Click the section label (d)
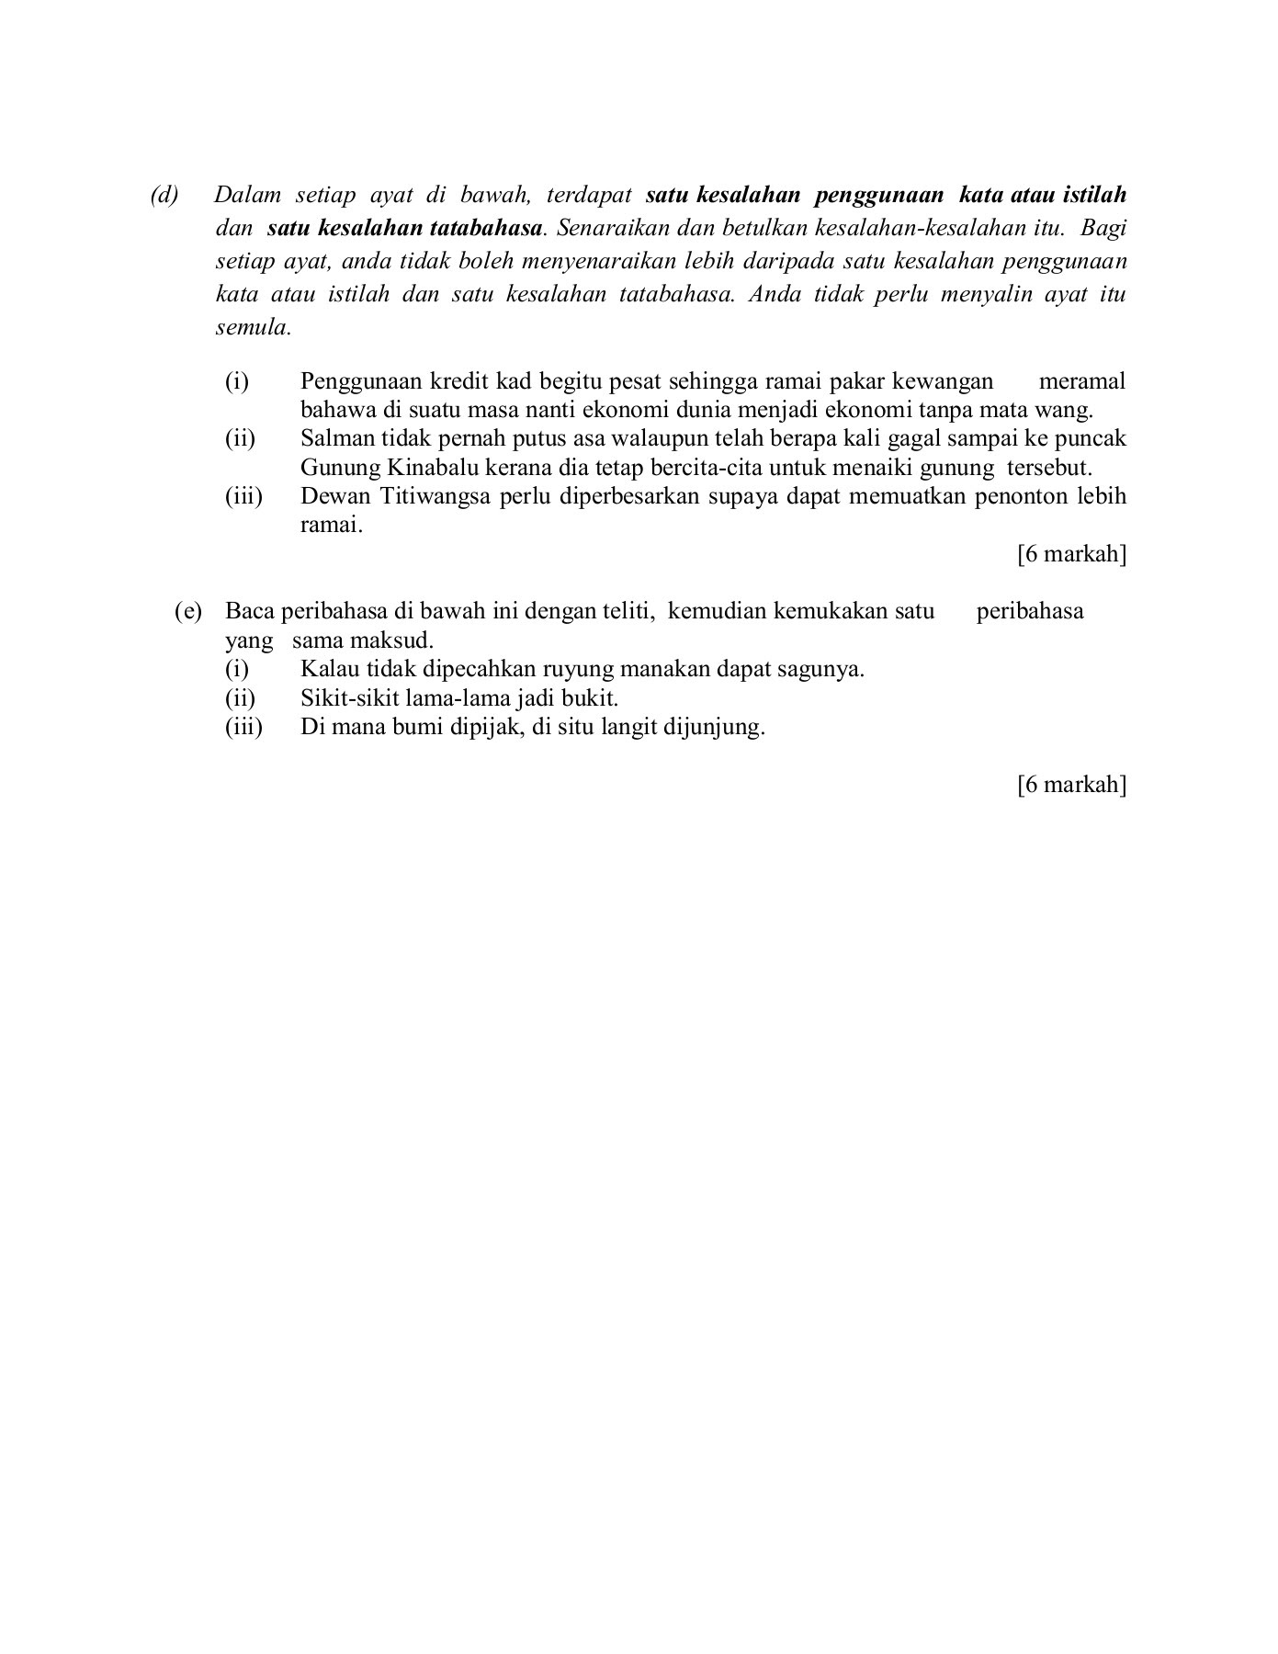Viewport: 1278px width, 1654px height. tap(165, 196)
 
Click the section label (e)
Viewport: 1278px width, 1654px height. tap(188, 612)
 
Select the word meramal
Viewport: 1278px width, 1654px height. tap(1081, 381)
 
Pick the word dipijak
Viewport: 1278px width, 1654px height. tap(482, 728)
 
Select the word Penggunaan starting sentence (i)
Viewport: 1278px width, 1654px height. tap(361, 381)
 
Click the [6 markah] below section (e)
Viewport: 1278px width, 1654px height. tap(1071, 785)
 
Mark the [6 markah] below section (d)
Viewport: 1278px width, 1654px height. tap(1071, 555)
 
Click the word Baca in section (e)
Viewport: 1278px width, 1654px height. tap(250, 612)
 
